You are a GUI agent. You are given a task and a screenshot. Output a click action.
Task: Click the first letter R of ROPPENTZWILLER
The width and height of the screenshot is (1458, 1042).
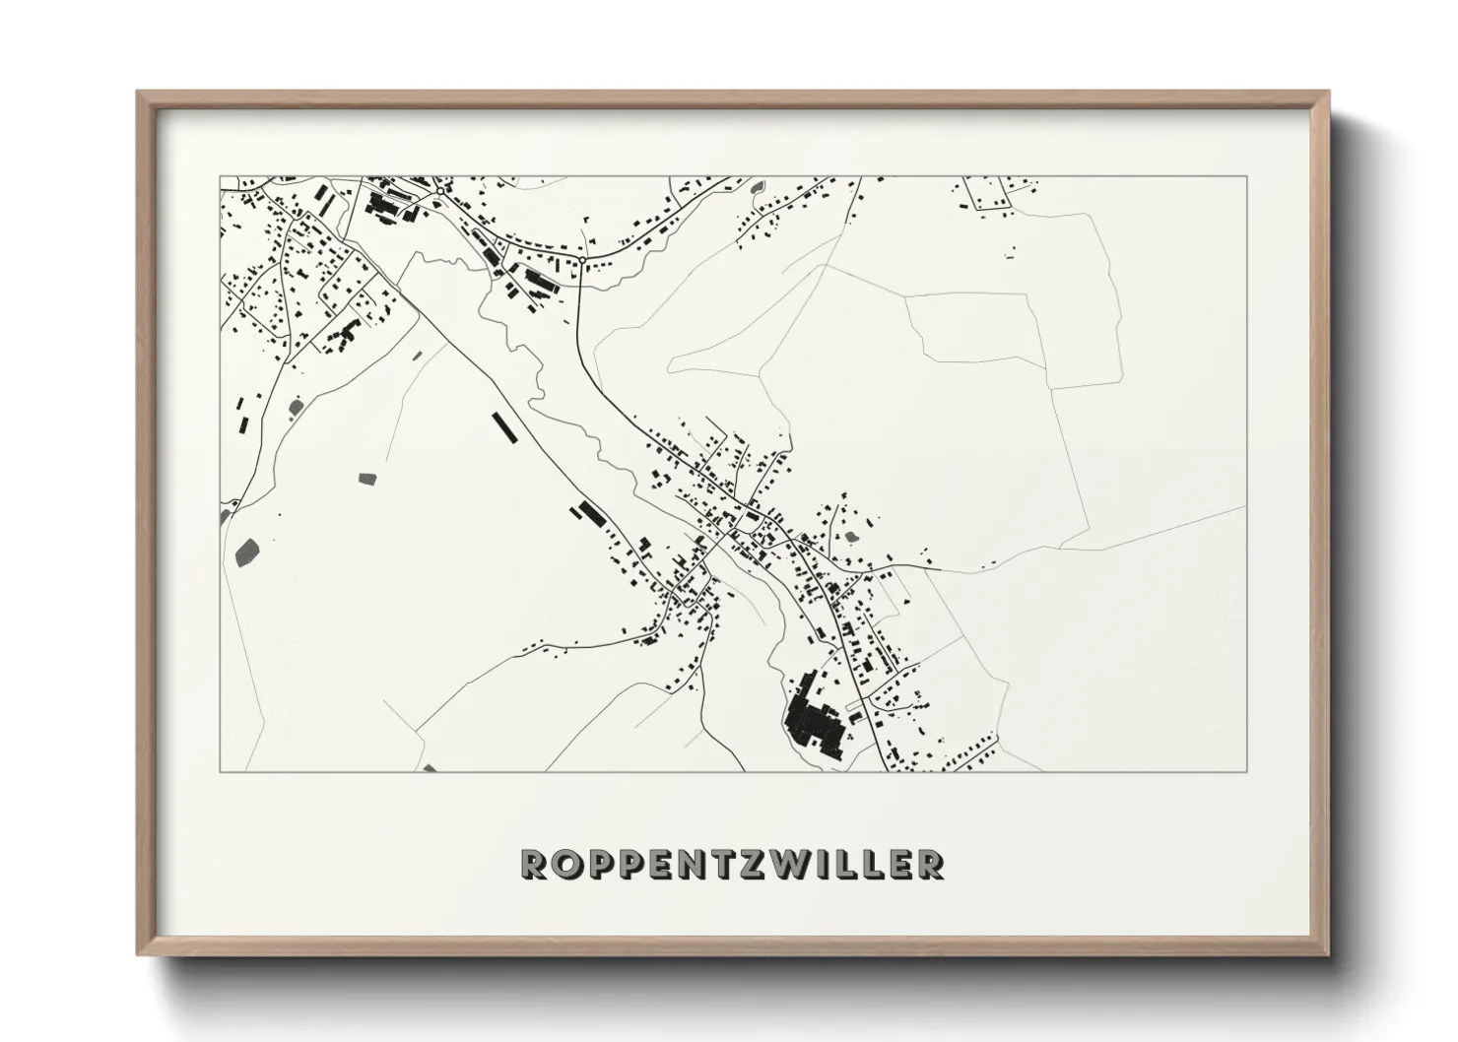tap(534, 864)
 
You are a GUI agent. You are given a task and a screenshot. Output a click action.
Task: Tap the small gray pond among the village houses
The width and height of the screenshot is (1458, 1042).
tap(850, 537)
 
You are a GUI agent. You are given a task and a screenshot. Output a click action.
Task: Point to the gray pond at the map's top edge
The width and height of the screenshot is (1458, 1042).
tap(757, 186)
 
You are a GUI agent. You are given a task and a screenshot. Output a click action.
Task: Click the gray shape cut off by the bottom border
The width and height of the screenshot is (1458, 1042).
tap(429, 768)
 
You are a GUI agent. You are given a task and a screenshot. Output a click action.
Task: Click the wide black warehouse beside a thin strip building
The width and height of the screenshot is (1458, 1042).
tap(591, 512)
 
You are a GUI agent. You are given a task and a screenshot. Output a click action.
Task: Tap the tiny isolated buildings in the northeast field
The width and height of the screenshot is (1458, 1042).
tap(1010, 252)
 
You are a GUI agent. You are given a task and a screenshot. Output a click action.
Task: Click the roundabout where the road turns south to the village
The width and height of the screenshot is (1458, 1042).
tap(582, 259)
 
